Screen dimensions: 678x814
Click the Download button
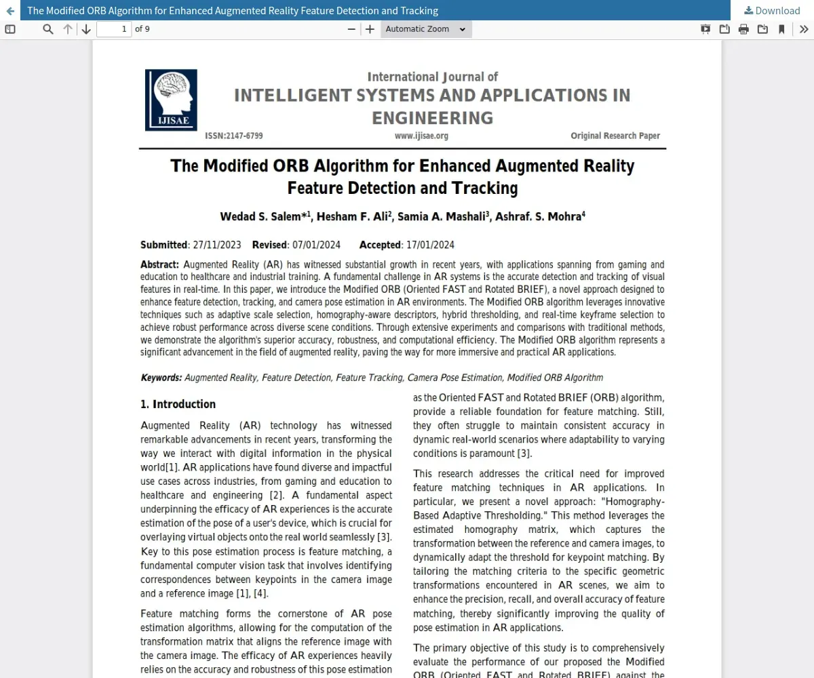point(772,10)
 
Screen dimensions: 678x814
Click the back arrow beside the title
point(10,11)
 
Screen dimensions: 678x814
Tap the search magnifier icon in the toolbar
point(48,29)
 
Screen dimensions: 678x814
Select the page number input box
point(114,29)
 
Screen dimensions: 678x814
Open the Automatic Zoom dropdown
point(426,29)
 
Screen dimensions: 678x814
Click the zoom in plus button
point(370,29)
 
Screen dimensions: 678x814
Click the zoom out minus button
point(351,29)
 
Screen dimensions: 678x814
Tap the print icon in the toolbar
point(743,29)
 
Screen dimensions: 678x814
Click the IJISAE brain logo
point(171,100)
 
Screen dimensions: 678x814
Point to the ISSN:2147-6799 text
point(233,136)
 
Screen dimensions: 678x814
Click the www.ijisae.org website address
point(421,136)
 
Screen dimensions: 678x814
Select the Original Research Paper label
point(615,136)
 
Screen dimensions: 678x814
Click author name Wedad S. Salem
point(262,217)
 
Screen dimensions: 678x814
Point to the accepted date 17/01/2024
point(430,245)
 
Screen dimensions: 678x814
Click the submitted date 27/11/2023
point(217,245)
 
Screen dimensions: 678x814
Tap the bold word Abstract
point(159,264)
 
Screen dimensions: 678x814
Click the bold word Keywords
point(161,378)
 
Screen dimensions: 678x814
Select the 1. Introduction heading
point(178,404)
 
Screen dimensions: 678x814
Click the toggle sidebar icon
point(10,29)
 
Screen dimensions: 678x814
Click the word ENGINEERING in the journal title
point(432,118)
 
